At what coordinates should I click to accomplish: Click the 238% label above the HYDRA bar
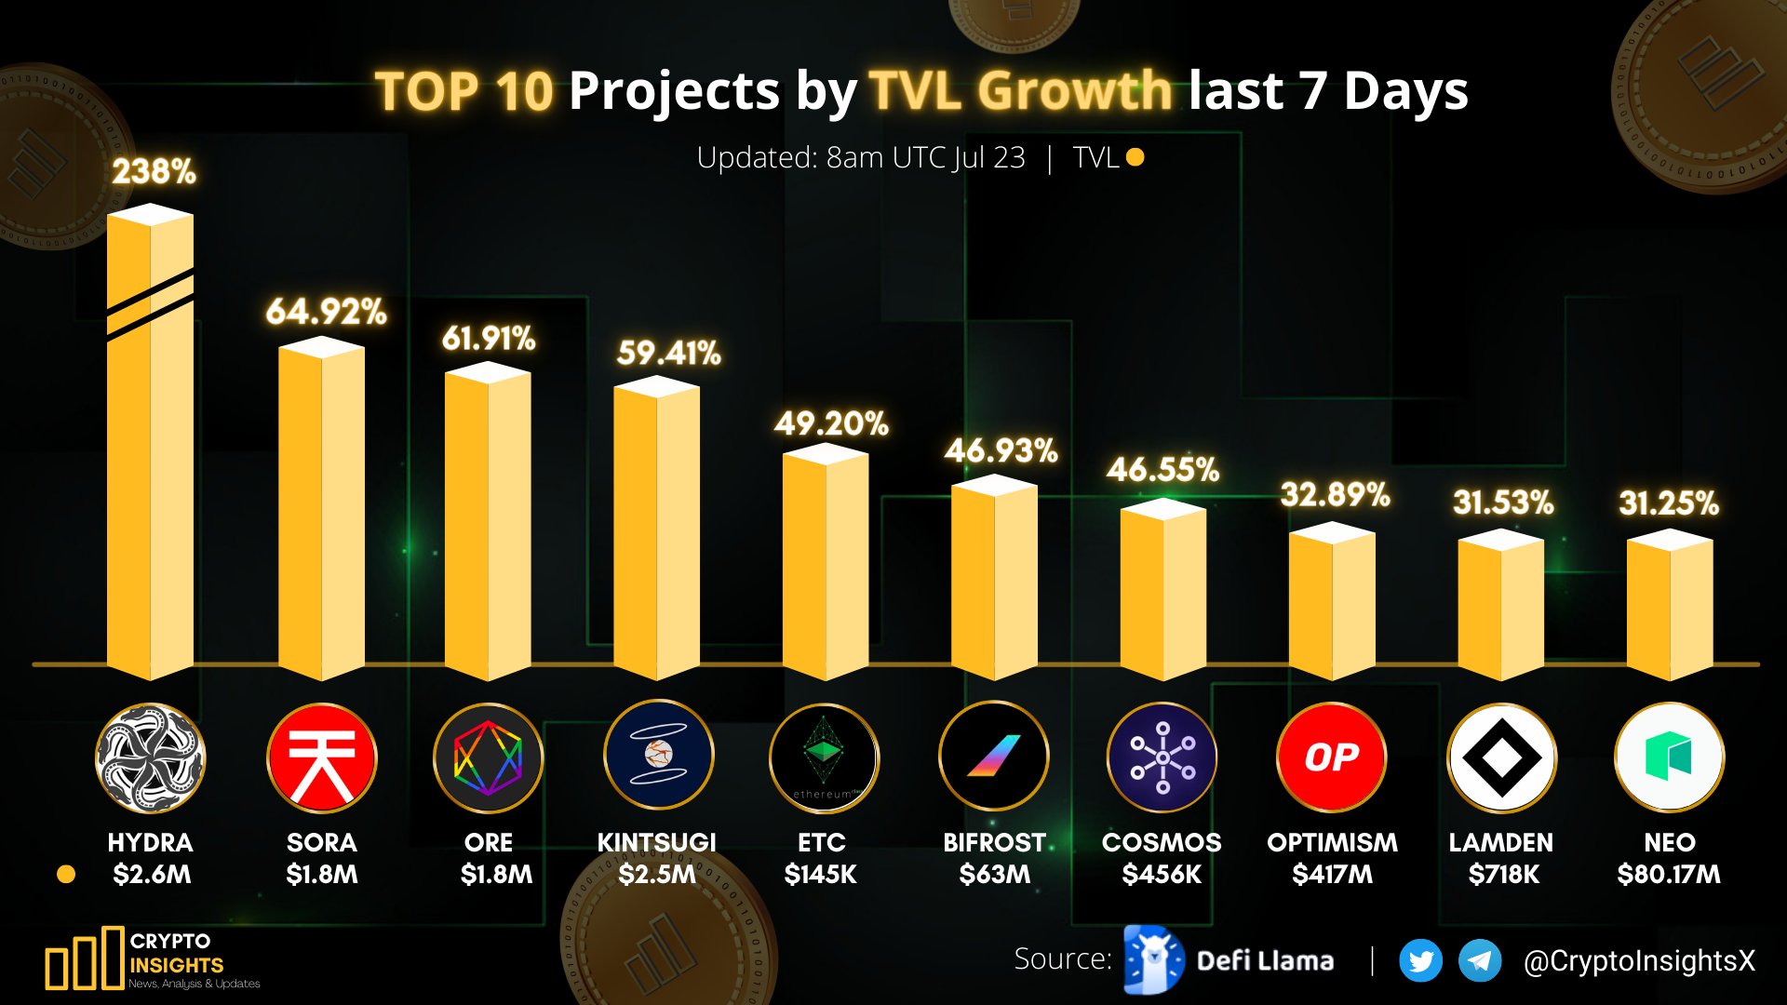click(x=154, y=171)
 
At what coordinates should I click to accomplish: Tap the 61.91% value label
click(x=489, y=338)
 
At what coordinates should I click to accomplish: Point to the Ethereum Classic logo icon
click(x=824, y=757)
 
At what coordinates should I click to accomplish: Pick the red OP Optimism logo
click(x=1331, y=757)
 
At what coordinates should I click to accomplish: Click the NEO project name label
click(x=1670, y=842)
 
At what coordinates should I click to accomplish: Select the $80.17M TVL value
click(x=1669, y=875)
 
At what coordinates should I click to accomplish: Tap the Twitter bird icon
click(x=1420, y=961)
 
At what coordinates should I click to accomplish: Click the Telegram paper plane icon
click(x=1480, y=961)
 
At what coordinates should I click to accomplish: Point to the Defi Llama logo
click(x=1154, y=959)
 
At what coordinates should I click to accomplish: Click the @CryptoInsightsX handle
click(x=1639, y=961)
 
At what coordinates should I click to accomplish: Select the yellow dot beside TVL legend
click(x=1135, y=157)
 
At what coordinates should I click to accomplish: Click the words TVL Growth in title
click(x=1020, y=91)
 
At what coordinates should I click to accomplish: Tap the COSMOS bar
click(x=1162, y=590)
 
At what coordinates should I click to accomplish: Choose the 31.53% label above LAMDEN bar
click(x=1503, y=503)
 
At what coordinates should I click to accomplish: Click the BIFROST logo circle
click(x=993, y=757)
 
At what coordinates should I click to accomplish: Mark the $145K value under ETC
click(x=820, y=875)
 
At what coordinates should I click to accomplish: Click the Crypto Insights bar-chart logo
click(x=85, y=958)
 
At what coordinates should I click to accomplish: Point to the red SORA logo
click(x=321, y=757)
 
